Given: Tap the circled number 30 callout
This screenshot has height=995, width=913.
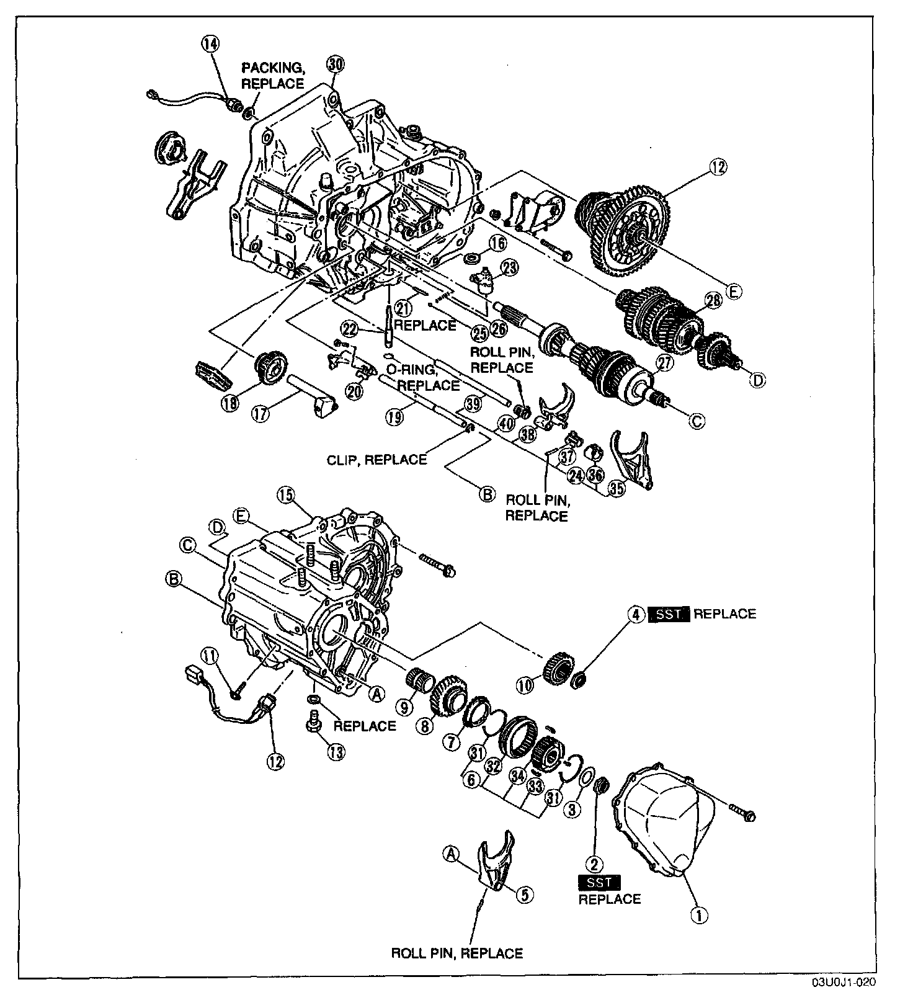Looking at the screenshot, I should coord(336,64).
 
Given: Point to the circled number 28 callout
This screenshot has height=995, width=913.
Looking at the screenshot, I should coord(713,301).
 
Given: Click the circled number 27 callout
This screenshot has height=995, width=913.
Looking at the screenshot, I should coord(664,364).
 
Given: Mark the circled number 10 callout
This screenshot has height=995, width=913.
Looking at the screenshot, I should coord(525,685).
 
